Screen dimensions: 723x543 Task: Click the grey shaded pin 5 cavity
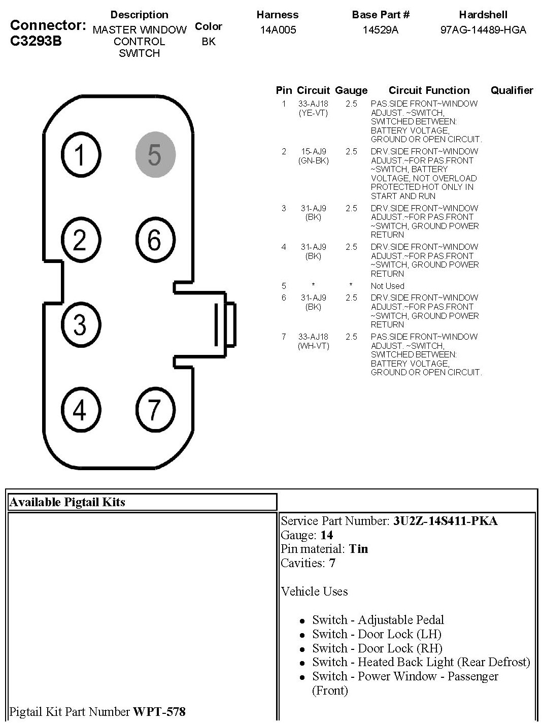pos(155,154)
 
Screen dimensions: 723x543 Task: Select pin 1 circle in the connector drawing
pos(80,154)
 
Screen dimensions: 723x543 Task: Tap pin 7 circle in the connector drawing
pos(155,409)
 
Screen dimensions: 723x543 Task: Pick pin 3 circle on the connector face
pos(80,324)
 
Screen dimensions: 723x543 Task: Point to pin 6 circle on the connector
pos(155,239)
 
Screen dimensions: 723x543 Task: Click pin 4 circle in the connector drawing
pos(80,409)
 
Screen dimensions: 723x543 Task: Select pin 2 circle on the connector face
pos(80,239)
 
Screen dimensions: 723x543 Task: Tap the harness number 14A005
pos(278,30)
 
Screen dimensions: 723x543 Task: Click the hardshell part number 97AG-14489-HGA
pos(483,30)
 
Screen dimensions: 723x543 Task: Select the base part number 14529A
pos(381,30)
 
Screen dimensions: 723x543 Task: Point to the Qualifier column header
pos(512,90)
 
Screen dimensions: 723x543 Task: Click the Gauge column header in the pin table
pos(351,90)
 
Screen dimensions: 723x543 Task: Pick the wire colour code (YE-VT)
pos(313,113)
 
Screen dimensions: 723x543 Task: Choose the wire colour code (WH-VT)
pos(313,346)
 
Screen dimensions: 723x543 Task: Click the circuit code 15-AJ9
pos(313,151)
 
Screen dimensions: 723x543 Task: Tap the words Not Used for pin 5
pos(387,286)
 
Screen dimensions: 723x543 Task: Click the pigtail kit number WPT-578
pos(159,712)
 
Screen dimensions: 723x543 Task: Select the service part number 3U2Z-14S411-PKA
pos(445,521)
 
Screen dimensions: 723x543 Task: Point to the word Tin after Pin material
pos(358,549)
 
